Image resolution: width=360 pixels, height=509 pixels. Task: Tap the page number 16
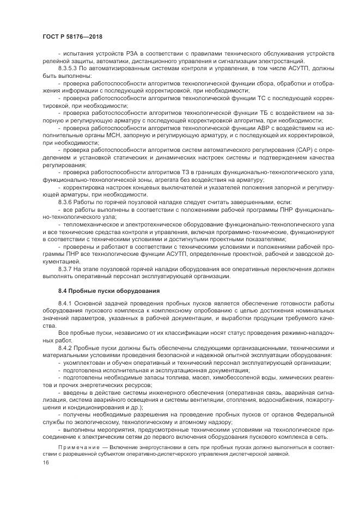coord(45,462)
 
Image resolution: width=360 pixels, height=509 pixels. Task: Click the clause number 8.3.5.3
coord(69,70)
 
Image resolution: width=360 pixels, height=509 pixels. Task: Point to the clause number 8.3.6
coord(66,201)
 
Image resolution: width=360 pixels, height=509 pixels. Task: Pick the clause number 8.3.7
coord(66,268)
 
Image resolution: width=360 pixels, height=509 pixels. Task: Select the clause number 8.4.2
coord(66,347)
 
